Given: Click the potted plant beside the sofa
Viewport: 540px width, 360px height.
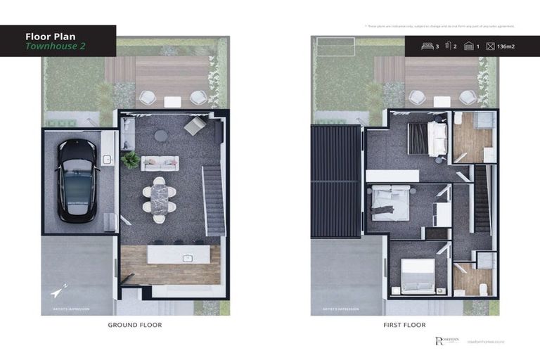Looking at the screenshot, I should [x=129, y=160].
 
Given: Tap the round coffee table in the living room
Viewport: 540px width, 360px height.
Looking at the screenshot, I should [x=161, y=136].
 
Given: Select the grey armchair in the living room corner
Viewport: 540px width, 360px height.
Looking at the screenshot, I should [x=194, y=126].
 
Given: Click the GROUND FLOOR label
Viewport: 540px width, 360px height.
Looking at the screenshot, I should [x=135, y=325].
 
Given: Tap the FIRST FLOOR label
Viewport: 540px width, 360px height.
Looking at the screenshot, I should [x=404, y=325].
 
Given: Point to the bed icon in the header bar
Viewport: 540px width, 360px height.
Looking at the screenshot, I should [x=426, y=46].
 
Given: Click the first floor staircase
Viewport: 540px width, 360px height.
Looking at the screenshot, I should [x=482, y=200].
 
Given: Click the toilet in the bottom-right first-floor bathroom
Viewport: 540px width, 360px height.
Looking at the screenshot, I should [x=483, y=288].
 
